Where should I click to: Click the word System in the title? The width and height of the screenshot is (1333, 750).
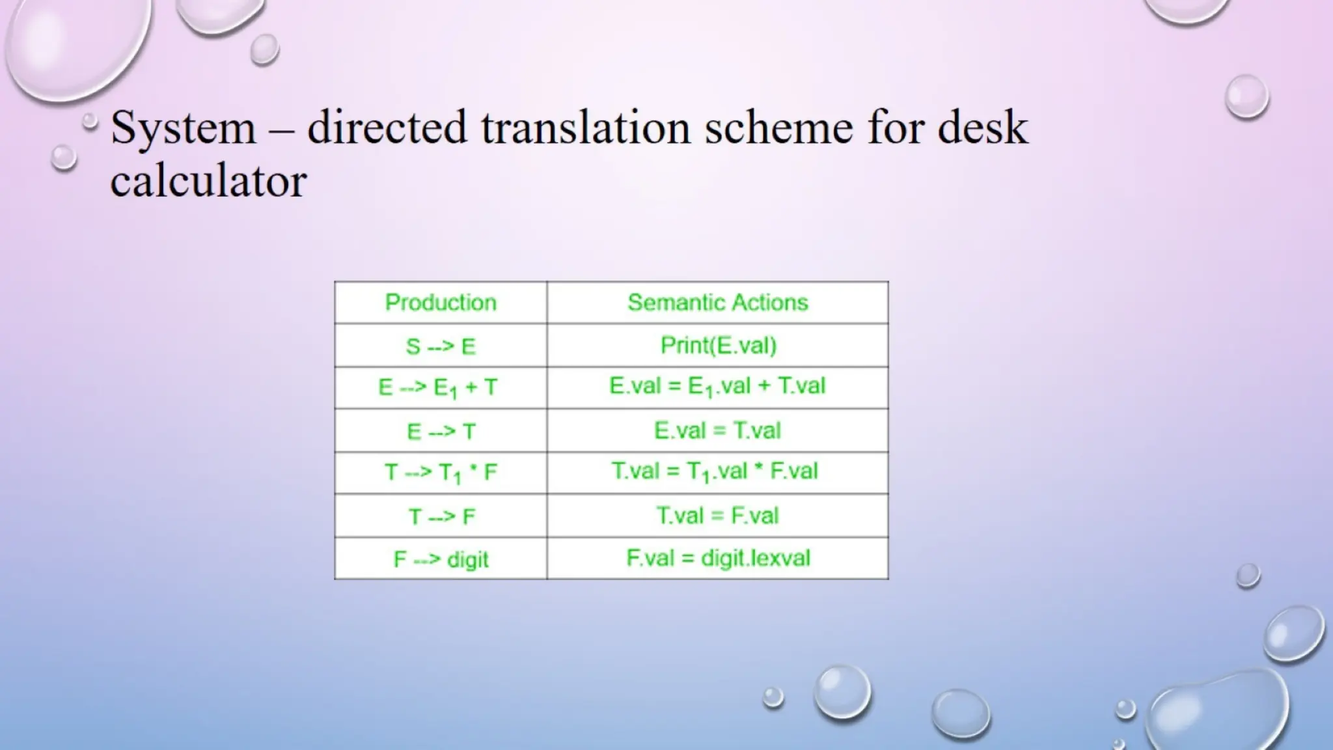(x=183, y=128)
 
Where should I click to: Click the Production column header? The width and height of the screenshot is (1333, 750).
(x=441, y=303)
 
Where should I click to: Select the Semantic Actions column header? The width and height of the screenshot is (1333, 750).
(x=717, y=303)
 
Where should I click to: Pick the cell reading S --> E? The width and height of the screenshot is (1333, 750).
(x=441, y=346)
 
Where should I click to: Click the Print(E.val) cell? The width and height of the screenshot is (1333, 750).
(x=718, y=345)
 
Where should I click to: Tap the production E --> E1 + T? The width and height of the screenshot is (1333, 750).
(x=438, y=388)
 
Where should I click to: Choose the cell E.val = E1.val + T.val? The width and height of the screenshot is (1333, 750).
(x=717, y=387)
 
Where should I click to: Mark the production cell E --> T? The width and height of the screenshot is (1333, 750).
(x=441, y=431)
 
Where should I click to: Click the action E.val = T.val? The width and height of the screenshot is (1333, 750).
(x=717, y=430)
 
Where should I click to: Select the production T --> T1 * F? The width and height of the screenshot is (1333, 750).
(x=441, y=473)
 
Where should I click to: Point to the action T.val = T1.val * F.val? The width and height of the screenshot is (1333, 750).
(x=715, y=471)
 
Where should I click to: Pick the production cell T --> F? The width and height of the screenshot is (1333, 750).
(x=441, y=516)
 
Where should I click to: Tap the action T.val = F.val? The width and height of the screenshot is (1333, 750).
(x=717, y=516)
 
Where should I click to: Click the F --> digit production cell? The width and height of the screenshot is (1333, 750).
(x=441, y=559)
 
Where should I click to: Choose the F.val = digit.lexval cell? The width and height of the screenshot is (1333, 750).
(x=718, y=558)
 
